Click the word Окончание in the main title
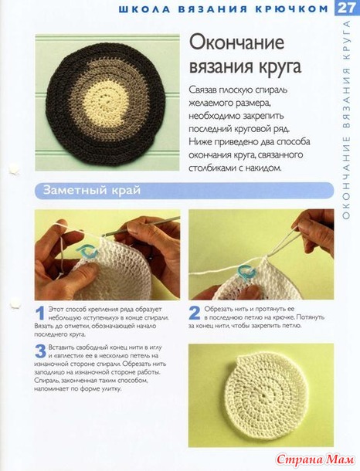(x=236, y=42)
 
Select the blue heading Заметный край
(x=92, y=190)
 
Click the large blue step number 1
(x=40, y=313)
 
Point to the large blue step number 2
(x=195, y=313)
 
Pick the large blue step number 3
(x=41, y=351)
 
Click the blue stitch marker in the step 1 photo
(x=87, y=252)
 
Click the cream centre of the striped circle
(x=105, y=101)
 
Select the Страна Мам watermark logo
(x=315, y=459)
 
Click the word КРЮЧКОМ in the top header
(x=292, y=9)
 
